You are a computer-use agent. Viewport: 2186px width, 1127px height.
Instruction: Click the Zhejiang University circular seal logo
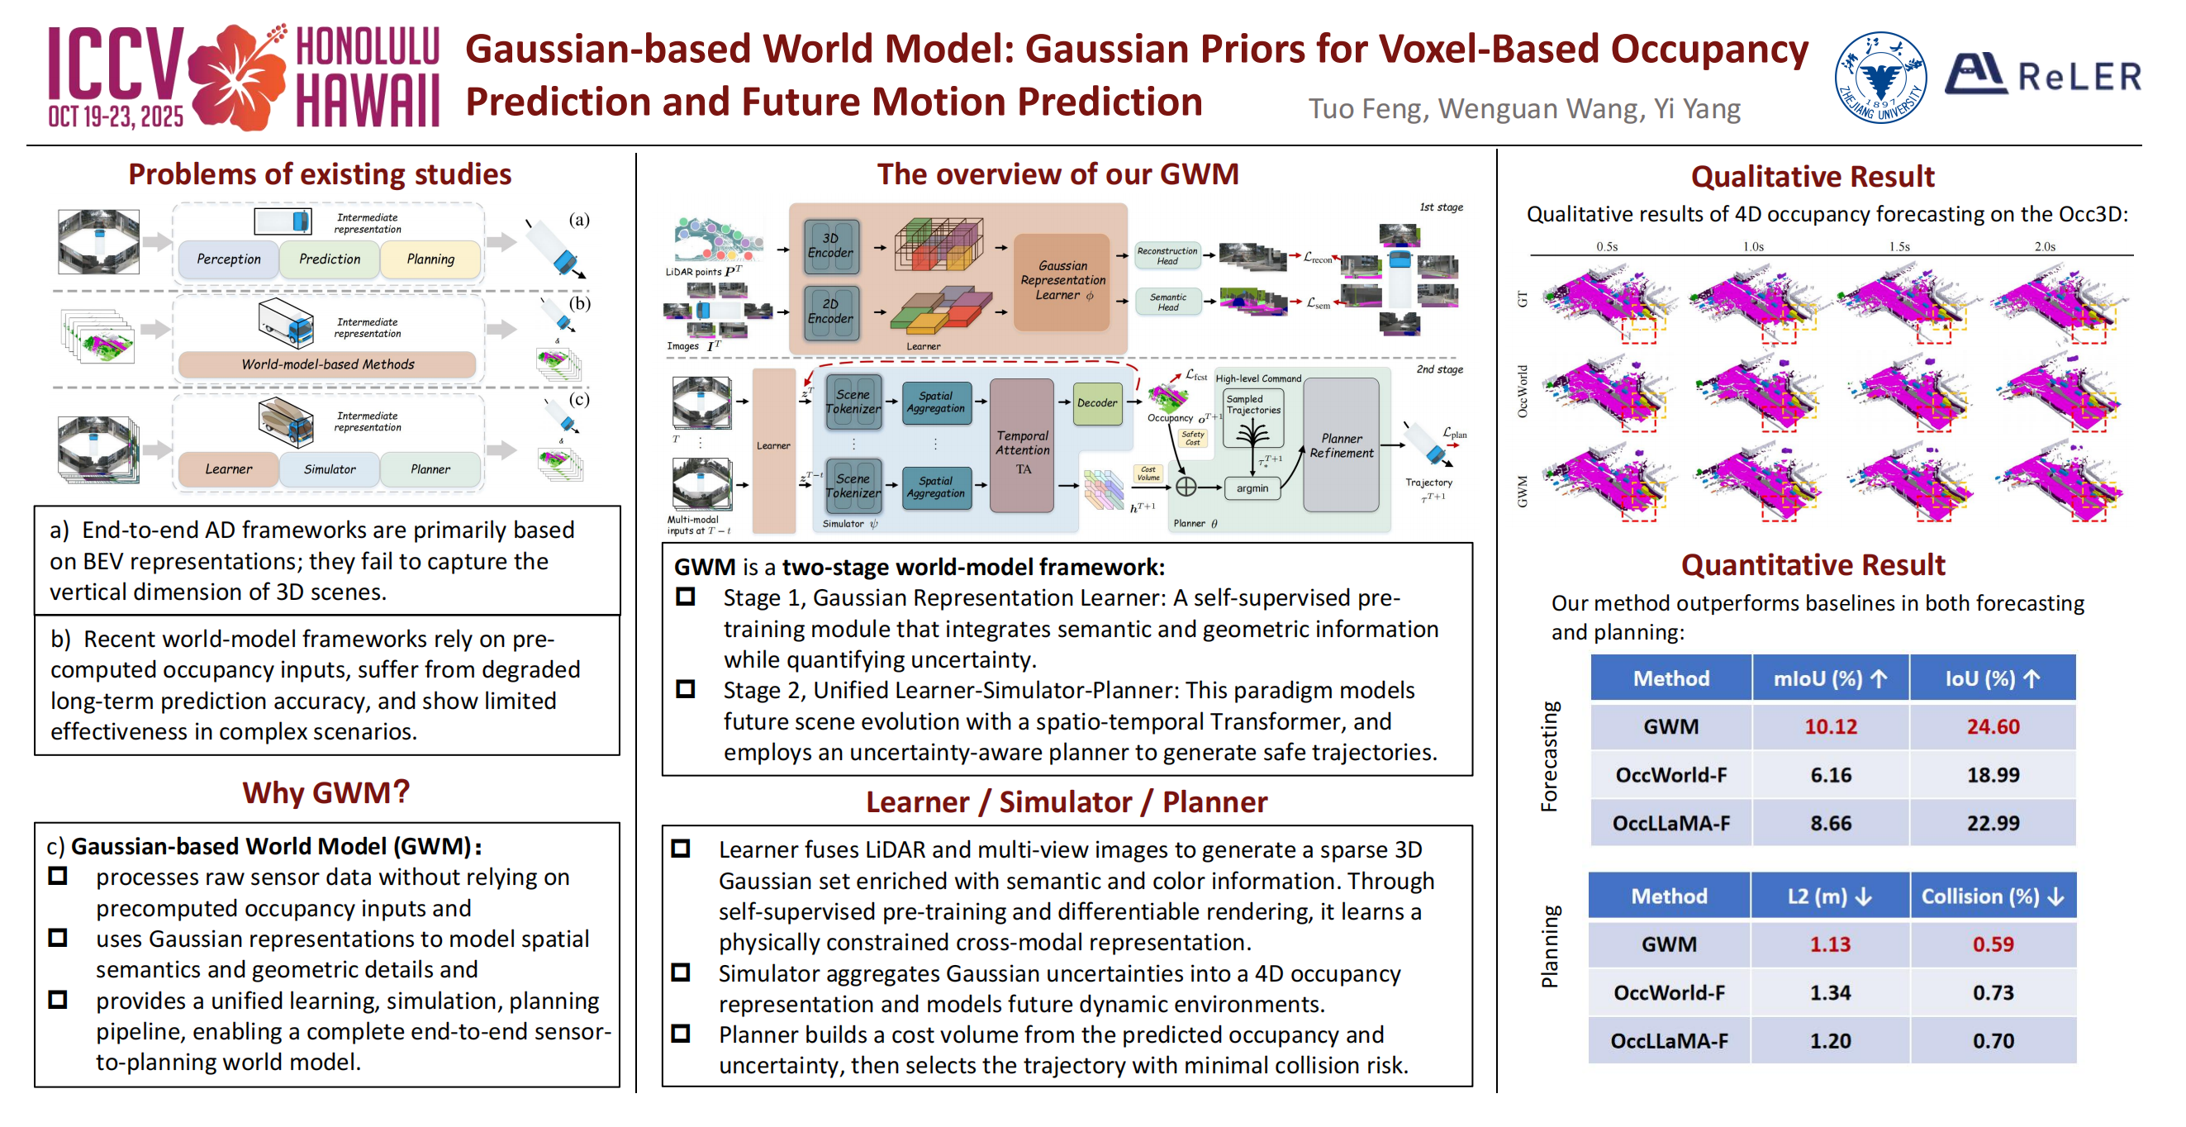[x=1879, y=77]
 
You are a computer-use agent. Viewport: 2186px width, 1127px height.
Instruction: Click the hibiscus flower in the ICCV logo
[x=236, y=77]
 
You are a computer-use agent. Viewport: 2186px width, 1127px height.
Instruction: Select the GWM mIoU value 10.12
[x=1831, y=726]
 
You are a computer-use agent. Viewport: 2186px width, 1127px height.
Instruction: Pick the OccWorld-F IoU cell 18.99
[x=1993, y=775]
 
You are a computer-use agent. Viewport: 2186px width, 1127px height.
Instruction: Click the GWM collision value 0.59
[x=1993, y=944]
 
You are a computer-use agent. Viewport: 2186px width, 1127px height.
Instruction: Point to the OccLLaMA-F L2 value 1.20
[x=1831, y=1040]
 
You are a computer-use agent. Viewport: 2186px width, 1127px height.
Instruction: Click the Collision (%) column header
[x=1993, y=896]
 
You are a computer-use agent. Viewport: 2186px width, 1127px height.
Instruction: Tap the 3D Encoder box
[x=831, y=246]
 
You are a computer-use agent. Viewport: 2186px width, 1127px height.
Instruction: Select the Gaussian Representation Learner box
[x=1062, y=281]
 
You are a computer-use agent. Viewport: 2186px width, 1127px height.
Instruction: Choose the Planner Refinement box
[x=1341, y=445]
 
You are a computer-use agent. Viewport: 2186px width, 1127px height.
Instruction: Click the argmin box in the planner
[x=1252, y=488]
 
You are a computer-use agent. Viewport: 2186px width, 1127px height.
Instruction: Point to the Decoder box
[x=1097, y=403]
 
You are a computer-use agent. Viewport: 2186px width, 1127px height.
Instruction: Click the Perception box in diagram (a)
[x=228, y=259]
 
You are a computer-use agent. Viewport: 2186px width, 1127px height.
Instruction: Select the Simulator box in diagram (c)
[x=330, y=469]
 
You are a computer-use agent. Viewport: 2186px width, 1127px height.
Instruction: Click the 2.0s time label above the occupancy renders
[x=2044, y=247]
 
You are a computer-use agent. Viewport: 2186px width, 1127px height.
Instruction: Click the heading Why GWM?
[x=326, y=792]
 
